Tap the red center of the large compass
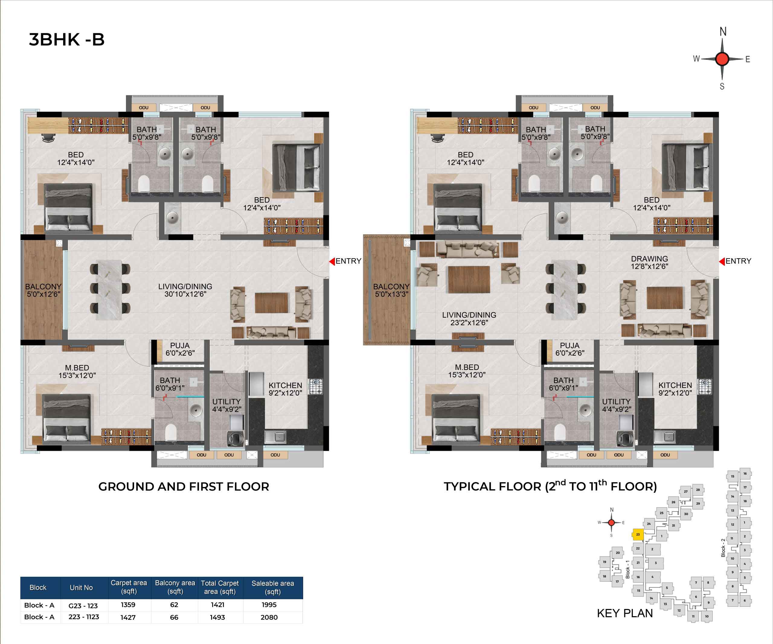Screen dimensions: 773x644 (x=722, y=59)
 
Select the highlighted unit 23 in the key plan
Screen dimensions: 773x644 (x=638, y=534)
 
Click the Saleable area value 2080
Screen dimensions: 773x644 (x=269, y=617)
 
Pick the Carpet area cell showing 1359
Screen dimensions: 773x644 (x=128, y=605)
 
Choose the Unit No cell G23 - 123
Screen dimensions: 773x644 (x=83, y=605)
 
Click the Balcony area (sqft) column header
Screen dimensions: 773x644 (x=175, y=587)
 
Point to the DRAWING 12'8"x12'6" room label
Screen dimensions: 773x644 (x=649, y=262)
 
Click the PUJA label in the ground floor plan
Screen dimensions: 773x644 (x=180, y=346)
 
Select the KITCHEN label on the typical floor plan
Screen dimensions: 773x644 (x=675, y=385)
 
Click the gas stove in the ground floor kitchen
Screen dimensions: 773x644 (x=316, y=387)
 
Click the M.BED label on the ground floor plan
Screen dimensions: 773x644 (x=77, y=368)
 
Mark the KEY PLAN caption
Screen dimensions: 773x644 (x=625, y=613)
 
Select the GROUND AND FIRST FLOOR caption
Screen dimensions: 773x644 (x=184, y=486)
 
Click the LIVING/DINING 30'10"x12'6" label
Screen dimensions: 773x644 (x=185, y=290)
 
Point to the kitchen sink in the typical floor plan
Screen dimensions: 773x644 (x=664, y=437)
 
